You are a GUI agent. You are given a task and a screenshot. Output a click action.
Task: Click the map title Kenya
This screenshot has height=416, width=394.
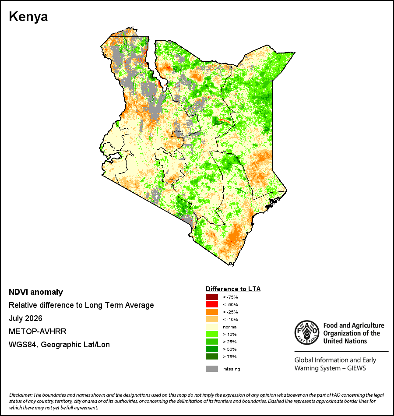28,17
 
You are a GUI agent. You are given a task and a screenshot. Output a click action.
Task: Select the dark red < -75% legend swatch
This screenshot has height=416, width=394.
212,297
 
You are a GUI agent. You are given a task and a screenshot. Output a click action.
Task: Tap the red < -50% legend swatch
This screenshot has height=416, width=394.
212,304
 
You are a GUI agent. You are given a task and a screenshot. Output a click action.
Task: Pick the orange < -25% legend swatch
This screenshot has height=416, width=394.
212,312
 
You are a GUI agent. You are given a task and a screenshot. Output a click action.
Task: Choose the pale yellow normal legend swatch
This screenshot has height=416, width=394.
212,327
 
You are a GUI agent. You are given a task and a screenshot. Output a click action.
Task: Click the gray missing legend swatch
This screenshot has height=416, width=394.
212,369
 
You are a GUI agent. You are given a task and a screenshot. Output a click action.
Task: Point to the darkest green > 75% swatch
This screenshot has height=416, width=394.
212,356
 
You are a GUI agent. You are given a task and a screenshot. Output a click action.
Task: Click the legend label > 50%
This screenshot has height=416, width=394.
230,349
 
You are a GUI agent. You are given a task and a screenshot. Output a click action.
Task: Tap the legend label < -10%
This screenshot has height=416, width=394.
230,319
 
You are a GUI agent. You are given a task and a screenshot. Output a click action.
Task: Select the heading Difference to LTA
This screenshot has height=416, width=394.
233,289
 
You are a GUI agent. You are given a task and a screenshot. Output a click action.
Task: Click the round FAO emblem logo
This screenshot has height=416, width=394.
307,332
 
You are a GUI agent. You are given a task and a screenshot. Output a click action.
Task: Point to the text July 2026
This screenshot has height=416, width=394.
25,318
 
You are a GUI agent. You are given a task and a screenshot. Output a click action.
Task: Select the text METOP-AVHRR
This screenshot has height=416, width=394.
38,331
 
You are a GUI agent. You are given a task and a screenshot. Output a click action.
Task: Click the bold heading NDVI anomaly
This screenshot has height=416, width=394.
36,292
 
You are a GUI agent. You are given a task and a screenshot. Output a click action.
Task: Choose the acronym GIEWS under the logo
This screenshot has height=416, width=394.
356,368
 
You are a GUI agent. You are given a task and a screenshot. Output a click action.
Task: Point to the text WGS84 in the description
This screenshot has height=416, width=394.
22,345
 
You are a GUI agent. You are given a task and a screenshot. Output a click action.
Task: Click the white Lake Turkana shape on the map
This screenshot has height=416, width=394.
159,67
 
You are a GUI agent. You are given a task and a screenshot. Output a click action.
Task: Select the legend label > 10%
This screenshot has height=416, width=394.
230,334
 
